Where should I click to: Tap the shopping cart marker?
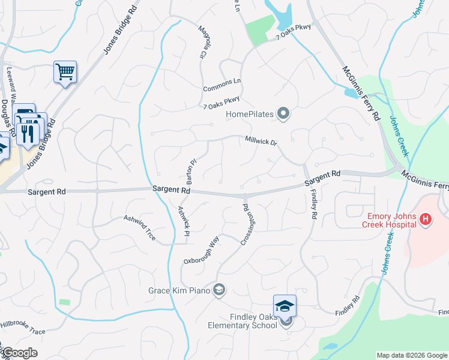point(65,73)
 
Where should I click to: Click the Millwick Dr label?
point(261,142)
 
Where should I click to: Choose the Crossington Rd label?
point(249,224)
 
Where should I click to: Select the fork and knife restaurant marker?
point(27,133)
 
